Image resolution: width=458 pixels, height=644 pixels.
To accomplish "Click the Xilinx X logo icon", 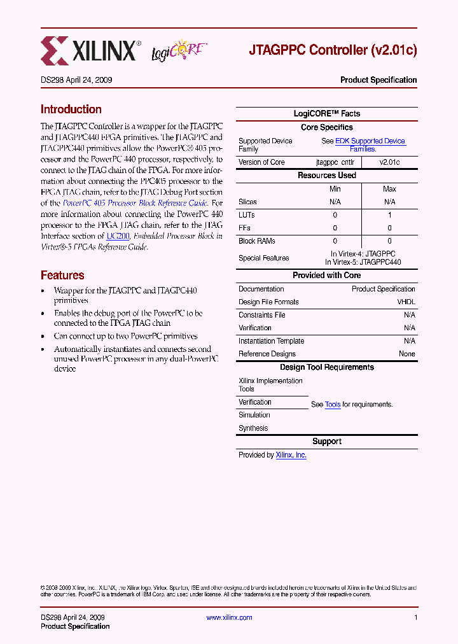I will (55, 51).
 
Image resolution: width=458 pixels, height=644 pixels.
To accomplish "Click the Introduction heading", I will (71, 109).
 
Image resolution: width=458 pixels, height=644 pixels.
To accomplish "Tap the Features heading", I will (62, 276).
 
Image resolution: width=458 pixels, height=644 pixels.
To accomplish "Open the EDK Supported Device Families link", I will (363, 144).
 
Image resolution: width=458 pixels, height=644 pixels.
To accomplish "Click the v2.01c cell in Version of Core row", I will (389, 162).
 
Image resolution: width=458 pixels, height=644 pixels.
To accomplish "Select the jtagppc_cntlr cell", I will (335, 162).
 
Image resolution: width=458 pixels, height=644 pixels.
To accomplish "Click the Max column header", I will (389, 189).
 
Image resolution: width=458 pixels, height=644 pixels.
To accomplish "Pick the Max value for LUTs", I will (389, 215).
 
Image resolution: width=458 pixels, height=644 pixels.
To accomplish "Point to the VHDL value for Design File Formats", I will (406, 302).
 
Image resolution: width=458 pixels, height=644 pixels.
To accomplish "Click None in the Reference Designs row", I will (406, 354).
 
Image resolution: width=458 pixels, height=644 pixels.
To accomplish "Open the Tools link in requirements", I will (333, 405).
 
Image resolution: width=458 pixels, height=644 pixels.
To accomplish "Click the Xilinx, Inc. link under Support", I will (291, 455).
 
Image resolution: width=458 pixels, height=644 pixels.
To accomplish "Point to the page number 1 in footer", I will (415, 618).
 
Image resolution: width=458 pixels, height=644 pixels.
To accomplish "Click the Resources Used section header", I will (326, 176).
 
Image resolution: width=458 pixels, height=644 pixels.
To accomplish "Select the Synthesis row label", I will (253, 428).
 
